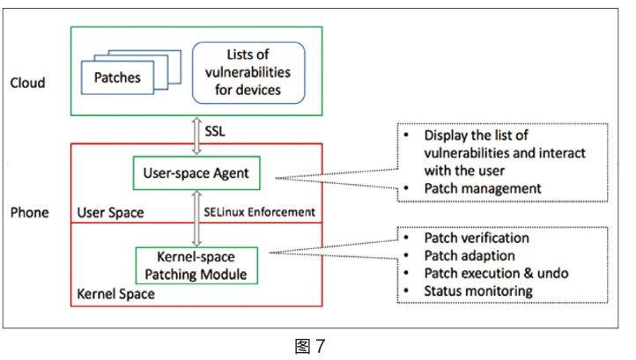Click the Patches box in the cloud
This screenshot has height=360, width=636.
(116, 77)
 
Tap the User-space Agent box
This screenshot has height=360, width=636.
(196, 173)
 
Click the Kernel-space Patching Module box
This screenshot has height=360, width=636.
(196, 266)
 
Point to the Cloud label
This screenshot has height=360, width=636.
(27, 84)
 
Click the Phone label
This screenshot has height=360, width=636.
(29, 213)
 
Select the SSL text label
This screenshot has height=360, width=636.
(216, 130)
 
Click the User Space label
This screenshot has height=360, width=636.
(111, 212)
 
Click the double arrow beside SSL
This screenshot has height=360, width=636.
(196, 130)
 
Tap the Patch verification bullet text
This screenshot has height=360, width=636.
(477, 239)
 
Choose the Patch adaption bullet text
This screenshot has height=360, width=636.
(469, 255)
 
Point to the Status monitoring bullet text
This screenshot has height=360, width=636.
(477, 290)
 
